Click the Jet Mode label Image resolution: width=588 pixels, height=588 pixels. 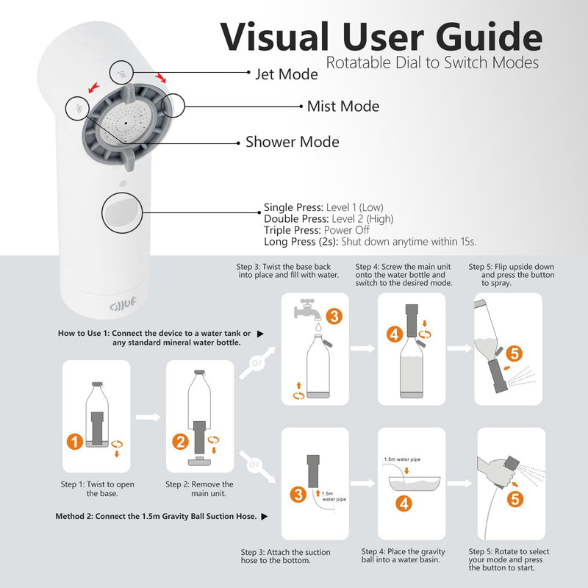(287, 74)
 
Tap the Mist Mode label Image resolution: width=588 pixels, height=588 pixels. (343, 106)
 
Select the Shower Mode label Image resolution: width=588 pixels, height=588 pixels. (293, 142)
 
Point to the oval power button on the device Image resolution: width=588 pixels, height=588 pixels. (121, 213)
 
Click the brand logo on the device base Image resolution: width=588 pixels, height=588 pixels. (123, 304)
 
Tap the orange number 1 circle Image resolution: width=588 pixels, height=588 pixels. (75, 442)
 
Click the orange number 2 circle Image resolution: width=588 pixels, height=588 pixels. (180, 442)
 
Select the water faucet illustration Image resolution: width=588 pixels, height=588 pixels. (307, 309)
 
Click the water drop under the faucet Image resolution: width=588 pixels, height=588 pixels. (318, 326)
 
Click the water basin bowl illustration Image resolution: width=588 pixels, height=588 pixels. (415, 484)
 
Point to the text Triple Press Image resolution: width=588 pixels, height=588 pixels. (292, 230)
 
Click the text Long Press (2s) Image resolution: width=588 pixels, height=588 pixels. (301, 242)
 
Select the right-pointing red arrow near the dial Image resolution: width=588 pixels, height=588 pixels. (160, 77)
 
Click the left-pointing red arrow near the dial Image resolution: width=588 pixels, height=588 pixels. (93, 87)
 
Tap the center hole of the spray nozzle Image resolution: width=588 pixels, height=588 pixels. (126, 123)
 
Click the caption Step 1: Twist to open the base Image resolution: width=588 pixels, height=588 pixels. (98, 489)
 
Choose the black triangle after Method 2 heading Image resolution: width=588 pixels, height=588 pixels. (265, 517)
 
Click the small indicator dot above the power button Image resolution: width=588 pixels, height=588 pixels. (123, 184)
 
